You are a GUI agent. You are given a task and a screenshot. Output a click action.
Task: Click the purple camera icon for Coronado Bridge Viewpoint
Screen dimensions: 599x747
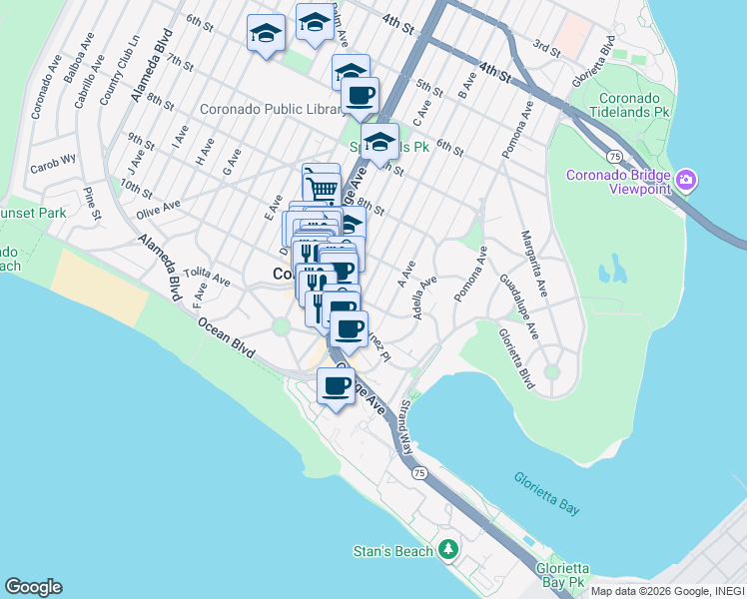(685, 180)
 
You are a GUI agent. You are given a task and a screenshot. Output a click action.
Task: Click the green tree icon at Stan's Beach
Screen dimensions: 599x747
(449, 550)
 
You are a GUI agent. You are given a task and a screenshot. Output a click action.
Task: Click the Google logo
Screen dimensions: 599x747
(33, 587)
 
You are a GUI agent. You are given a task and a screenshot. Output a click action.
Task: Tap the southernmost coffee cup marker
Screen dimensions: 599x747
(336, 386)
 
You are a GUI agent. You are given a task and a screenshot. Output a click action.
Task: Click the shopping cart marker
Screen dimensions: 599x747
(322, 187)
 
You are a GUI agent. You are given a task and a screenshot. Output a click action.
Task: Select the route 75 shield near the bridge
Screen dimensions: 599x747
(615, 157)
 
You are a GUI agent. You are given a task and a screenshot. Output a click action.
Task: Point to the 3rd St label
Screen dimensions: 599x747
(546, 47)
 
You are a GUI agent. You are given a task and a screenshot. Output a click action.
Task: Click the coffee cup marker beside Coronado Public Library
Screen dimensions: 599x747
(360, 97)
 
